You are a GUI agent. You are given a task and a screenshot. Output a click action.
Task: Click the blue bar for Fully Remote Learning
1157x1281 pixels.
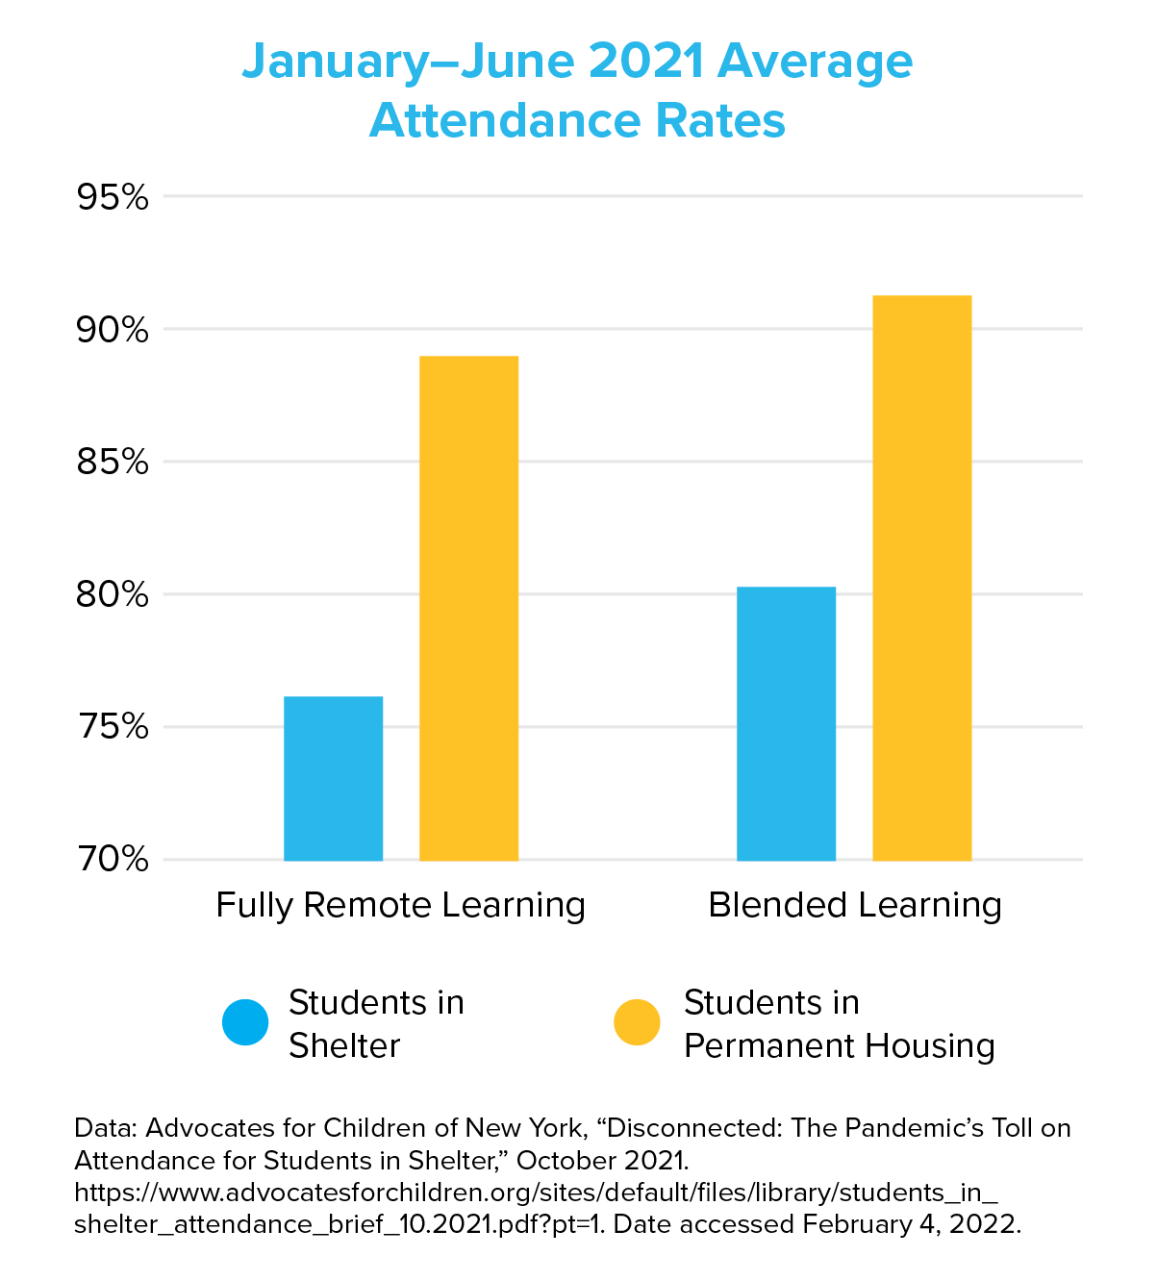(x=333, y=778)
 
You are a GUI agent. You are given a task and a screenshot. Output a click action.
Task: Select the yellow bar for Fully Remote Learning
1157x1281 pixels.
(x=468, y=608)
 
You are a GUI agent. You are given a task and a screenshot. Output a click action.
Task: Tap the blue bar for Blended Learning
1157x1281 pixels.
(x=786, y=723)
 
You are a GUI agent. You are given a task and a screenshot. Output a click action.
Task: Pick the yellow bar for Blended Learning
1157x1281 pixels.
(x=921, y=577)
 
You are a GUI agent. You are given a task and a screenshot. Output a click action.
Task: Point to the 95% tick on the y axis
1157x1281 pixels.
(x=113, y=198)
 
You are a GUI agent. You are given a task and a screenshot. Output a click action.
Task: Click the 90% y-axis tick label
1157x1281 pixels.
(x=113, y=330)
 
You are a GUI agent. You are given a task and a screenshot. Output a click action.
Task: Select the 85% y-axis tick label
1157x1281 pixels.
(x=113, y=463)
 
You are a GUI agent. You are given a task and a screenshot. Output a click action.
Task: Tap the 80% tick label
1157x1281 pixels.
(x=113, y=595)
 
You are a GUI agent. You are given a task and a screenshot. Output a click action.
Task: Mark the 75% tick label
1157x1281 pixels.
(x=113, y=727)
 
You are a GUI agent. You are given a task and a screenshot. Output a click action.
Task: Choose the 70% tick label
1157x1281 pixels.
(x=113, y=859)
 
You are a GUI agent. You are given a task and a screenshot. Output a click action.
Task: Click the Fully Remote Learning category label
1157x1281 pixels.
(x=400, y=906)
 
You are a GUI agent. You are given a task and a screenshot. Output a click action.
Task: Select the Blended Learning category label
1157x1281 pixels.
(x=855, y=906)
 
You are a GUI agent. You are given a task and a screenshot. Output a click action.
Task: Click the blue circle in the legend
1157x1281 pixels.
(x=245, y=1022)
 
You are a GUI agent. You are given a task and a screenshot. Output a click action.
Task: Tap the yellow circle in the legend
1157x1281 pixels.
(x=637, y=1022)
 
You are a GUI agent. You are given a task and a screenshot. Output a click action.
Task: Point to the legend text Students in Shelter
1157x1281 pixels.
(x=376, y=1024)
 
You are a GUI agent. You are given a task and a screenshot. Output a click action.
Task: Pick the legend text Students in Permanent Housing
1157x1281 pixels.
(x=839, y=1024)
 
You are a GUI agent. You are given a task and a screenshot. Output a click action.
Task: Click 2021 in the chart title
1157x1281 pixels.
(x=645, y=63)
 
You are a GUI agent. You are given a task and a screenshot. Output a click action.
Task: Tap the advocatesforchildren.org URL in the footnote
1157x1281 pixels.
(x=536, y=1193)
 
